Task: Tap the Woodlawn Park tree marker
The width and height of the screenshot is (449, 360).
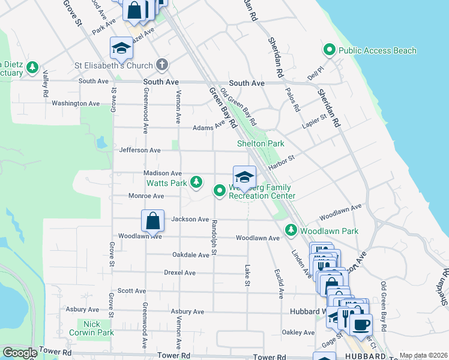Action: click(x=291, y=230)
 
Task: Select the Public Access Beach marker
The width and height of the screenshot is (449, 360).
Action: click(x=329, y=50)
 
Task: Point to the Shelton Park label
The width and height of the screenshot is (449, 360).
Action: click(x=260, y=143)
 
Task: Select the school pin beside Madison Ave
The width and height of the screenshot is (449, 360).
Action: click(x=244, y=177)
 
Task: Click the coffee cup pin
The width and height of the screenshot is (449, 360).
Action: click(x=361, y=325)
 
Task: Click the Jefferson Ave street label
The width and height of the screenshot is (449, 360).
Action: click(x=140, y=150)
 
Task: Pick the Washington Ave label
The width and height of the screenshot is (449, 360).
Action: click(x=76, y=103)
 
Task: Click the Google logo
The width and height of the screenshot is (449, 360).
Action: click(x=20, y=353)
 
